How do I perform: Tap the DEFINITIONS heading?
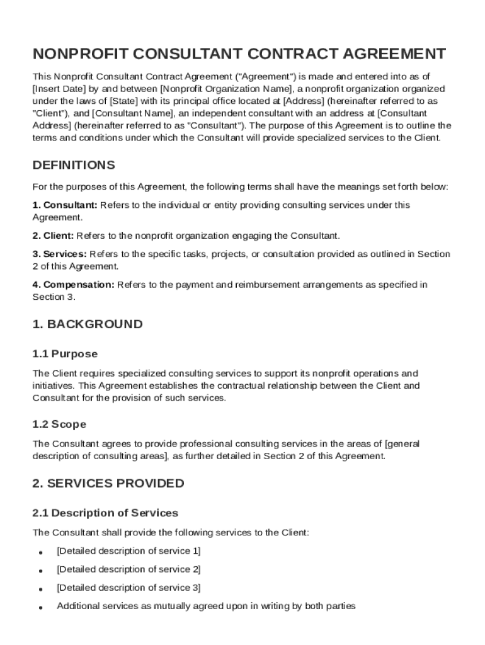pyautogui.click(x=74, y=165)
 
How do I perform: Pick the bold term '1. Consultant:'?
pyautogui.click(x=65, y=205)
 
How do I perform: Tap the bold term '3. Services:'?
pyautogui.click(x=60, y=254)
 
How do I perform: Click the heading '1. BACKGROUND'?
pyautogui.click(x=88, y=324)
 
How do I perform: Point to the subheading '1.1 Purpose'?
pyautogui.click(x=65, y=354)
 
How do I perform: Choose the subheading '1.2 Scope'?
pyautogui.click(x=59, y=425)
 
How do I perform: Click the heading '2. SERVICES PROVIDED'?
pyautogui.click(x=108, y=483)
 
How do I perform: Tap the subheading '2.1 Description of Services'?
pyautogui.click(x=105, y=513)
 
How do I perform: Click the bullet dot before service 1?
pyautogui.click(x=40, y=552)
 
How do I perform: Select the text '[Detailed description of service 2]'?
pyautogui.click(x=128, y=569)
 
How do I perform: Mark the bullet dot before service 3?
pyautogui.click(x=40, y=589)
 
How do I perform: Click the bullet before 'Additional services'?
pyautogui.click(x=40, y=608)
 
